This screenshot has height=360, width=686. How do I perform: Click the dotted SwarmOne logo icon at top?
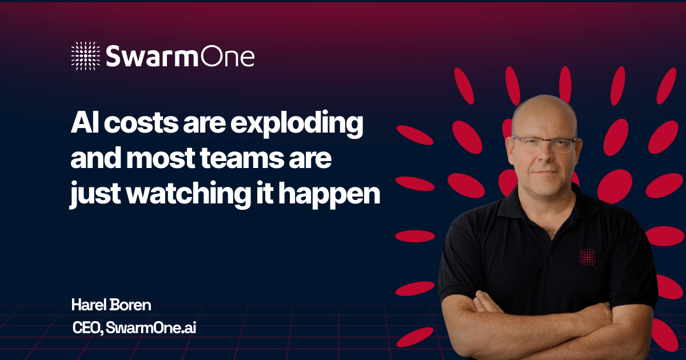click(85, 56)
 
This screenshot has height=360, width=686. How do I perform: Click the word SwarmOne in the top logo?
click(180, 56)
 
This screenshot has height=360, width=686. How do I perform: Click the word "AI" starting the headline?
click(85, 123)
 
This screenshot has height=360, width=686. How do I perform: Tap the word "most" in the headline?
click(161, 159)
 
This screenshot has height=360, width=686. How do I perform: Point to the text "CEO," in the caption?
click(87, 328)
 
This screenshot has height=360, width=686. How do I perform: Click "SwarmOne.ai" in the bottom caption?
click(151, 327)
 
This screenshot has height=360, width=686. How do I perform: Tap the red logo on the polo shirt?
click(588, 257)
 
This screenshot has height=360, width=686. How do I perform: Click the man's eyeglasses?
click(544, 145)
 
